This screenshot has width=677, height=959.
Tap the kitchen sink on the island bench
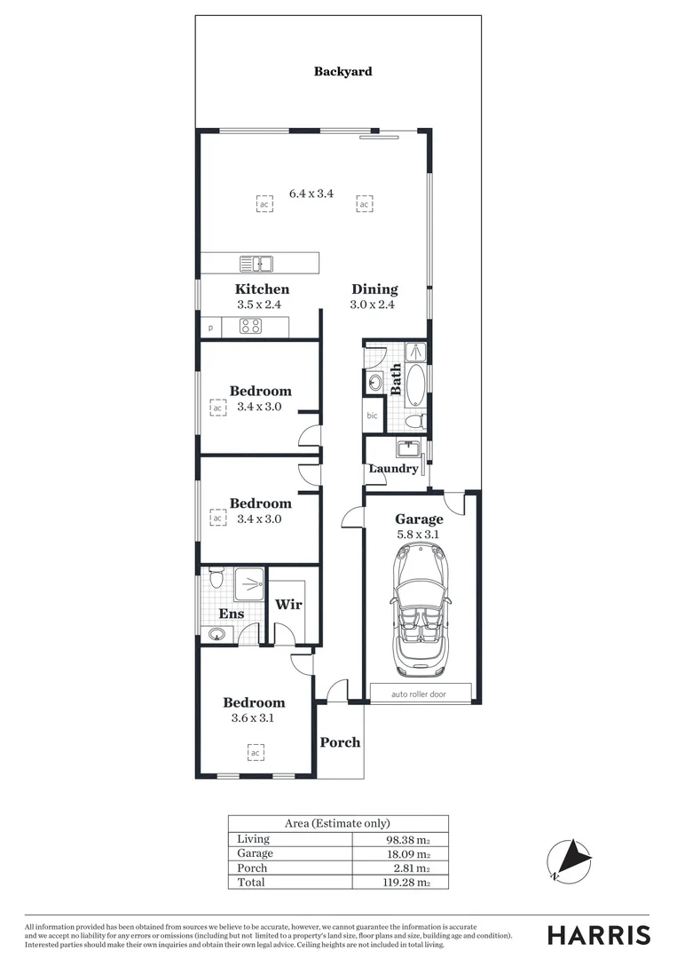256,263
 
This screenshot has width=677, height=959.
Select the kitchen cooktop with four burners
250,326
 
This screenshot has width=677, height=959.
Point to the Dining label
374,289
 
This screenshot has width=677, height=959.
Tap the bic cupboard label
372,416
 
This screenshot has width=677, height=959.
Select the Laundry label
393,468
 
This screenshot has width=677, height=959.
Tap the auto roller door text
419,694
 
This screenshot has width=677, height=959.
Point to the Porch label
340,741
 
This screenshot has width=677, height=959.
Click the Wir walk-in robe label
288,605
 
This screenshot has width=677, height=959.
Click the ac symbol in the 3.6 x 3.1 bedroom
254,753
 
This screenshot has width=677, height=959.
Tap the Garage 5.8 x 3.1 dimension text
419,535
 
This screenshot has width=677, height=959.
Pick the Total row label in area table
251,882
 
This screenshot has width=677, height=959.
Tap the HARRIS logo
598,935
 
